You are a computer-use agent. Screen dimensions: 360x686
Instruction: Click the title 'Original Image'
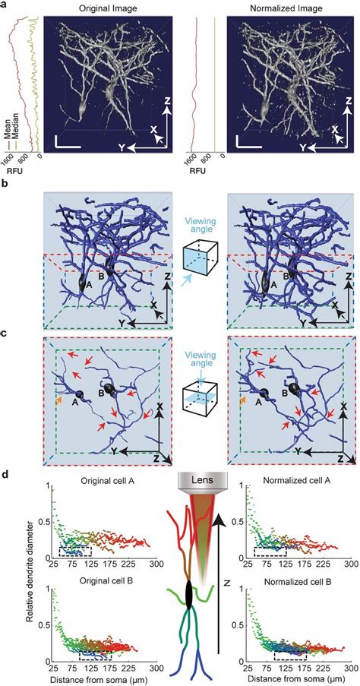(107, 8)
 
